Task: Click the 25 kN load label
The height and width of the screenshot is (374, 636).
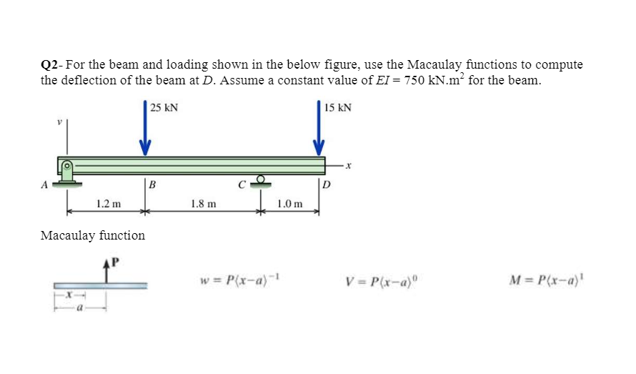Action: pyautogui.click(x=164, y=108)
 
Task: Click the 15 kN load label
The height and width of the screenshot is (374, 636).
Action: pyautogui.click(x=337, y=108)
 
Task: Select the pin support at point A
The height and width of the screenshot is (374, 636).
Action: pyautogui.click(x=68, y=174)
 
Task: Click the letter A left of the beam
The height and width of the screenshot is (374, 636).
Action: pyautogui.click(x=44, y=184)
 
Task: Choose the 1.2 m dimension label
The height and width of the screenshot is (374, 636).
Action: pyautogui.click(x=108, y=204)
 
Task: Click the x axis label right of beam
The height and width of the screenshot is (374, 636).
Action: pyautogui.click(x=348, y=166)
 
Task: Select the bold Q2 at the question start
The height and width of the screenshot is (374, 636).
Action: pyautogui.click(x=49, y=65)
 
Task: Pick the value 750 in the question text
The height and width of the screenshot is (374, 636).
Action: pyautogui.click(x=416, y=80)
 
